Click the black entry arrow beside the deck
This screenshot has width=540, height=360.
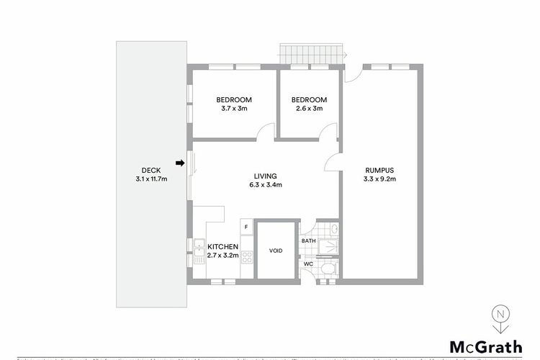point(181,163)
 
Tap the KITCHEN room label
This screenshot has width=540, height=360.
point(222,246)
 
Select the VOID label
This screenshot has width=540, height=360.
point(276,251)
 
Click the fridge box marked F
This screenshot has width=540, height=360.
point(247,228)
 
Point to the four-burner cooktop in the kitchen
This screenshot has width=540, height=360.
point(247,255)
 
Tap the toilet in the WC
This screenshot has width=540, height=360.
point(327,269)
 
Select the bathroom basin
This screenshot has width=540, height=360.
point(333,229)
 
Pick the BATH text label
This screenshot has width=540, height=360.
point(308,240)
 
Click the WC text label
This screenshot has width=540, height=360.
point(307,264)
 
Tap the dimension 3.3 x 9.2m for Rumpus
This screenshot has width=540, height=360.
point(379,179)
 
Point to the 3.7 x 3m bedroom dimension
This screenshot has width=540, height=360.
point(234,109)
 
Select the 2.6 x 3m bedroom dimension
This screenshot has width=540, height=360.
point(309,109)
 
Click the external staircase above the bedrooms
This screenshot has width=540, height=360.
point(310,54)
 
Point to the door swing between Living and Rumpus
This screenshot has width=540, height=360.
point(332,163)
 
